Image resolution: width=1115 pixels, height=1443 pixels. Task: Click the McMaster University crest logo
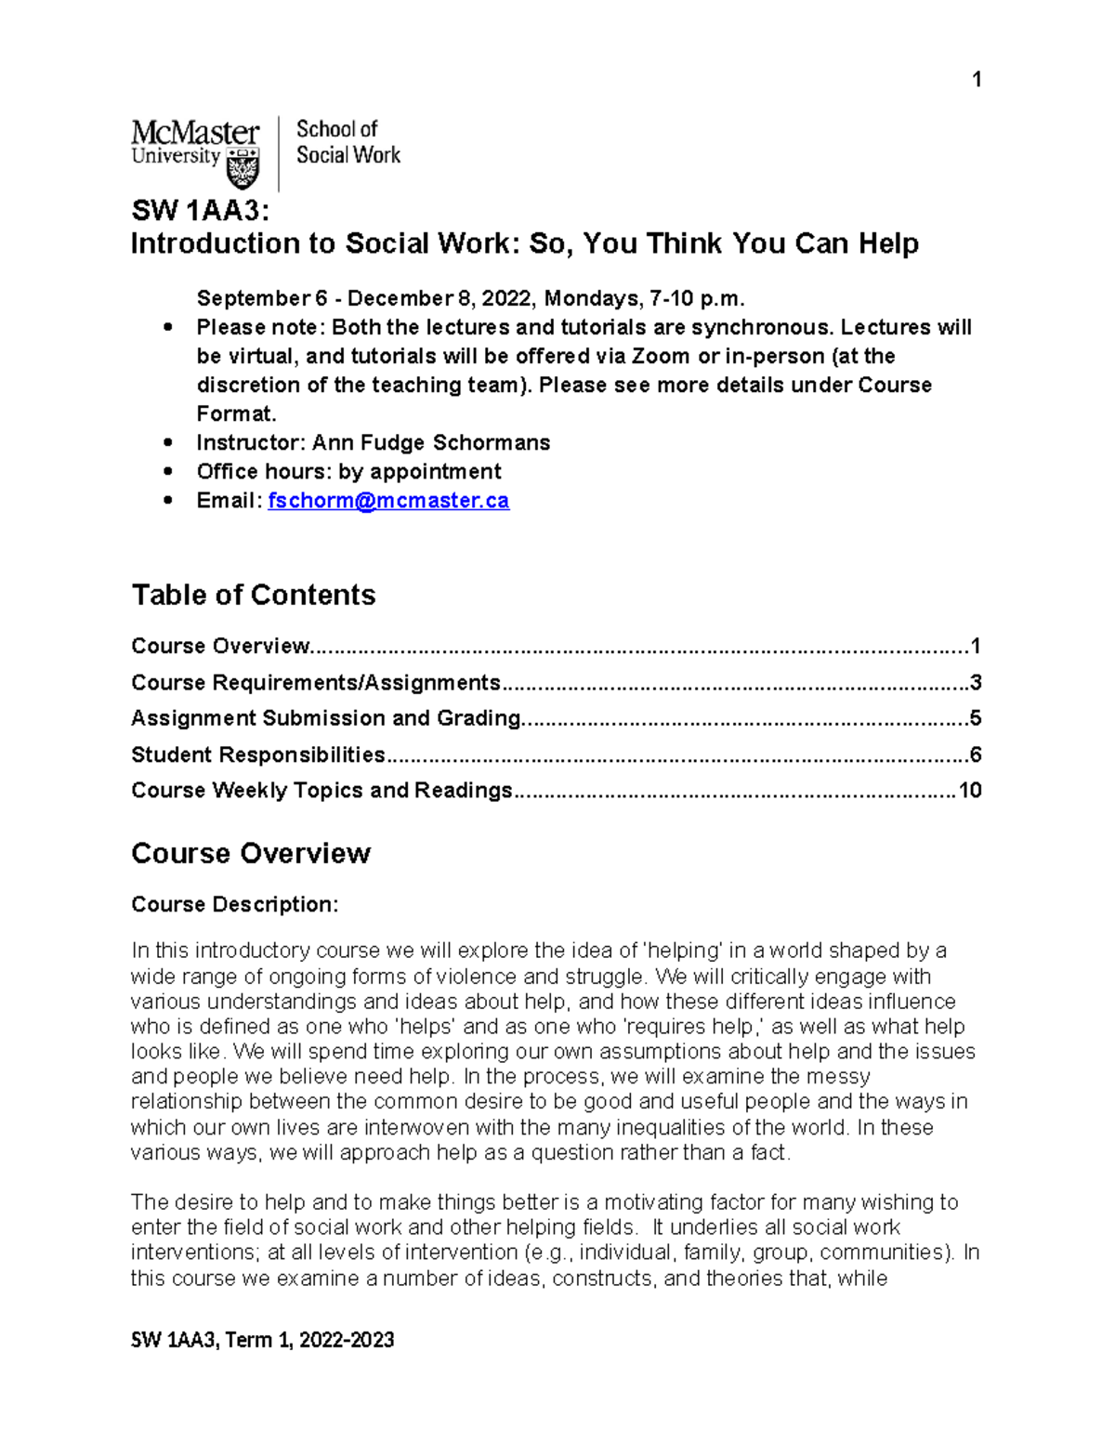(243, 168)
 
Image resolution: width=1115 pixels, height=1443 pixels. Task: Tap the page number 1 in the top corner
(977, 80)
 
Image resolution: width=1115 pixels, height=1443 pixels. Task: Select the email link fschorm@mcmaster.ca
(388, 501)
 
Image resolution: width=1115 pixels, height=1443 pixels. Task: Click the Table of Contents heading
(254, 595)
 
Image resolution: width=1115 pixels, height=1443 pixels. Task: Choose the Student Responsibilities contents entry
(258, 754)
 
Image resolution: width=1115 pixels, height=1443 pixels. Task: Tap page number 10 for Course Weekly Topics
(970, 791)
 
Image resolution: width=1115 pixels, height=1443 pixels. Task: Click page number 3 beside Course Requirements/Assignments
(976, 683)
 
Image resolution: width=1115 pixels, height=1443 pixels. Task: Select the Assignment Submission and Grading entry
(326, 718)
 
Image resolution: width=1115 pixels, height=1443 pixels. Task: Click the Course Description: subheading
(235, 904)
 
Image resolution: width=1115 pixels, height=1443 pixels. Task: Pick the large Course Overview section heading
(251, 853)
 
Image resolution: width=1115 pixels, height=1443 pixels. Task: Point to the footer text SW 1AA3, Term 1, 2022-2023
(263, 1340)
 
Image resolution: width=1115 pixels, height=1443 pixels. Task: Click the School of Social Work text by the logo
(348, 142)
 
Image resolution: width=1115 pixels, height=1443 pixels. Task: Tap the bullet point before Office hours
(167, 472)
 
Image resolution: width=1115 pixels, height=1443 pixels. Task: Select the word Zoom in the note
(662, 357)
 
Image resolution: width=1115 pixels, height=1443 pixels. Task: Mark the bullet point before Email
(167, 501)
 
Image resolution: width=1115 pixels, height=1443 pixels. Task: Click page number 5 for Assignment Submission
(976, 718)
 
